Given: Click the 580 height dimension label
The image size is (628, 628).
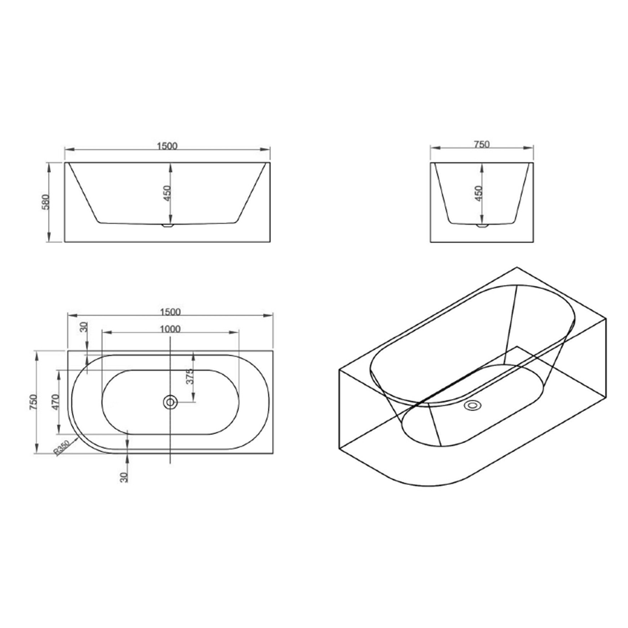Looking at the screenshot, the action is pyautogui.click(x=45, y=202).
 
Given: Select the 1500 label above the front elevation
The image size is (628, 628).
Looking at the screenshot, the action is pyautogui.click(x=167, y=146).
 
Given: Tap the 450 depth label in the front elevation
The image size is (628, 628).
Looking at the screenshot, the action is pyautogui.click(x=167, y=193).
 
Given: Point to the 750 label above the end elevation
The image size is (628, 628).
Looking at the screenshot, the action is pyautogui.click(x=481, y=144).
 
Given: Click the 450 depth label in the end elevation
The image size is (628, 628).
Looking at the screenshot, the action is pyautogui.click(x=479, y=194).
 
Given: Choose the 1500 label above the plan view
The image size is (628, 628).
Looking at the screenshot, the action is pyautogui.click(x=170, y=312).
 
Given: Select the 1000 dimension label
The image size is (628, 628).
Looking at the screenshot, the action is pyautogui.click(x=170, y=329).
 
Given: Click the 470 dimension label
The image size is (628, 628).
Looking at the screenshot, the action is pyautogui.click(x=56, y=402).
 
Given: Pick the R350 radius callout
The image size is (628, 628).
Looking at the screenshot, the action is pyautogui.click(x=62, y=447).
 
